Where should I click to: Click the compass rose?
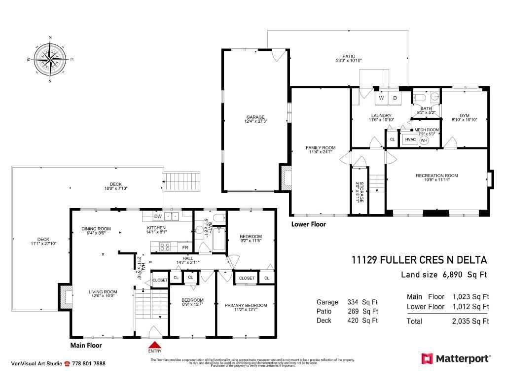pyautogui.click(x=50, y=59)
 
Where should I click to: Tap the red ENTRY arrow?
pyautogui.click(x=155, y=346)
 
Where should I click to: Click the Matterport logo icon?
pyautogui.click(x=427, y=358)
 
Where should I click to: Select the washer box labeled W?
pyautogui.click(x=382, y=98)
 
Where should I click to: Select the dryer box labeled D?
pyautogui.click(x=395, y=98)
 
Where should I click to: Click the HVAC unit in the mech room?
pyautogui.click(x=410, y=140)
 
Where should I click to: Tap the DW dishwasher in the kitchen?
pyautogui.click(x=158, y=216)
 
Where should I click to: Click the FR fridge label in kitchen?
pyautogui.click(x=185, y=248)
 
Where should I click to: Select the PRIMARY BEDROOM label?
pyautogui.click(x=246, y=305)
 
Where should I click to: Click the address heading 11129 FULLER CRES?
pyautogui.click(x=419, y=260)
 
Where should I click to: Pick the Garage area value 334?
pyautogui.click(x=355, y=302)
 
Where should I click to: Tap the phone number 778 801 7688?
pyautogui.click(x=89, y=364)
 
